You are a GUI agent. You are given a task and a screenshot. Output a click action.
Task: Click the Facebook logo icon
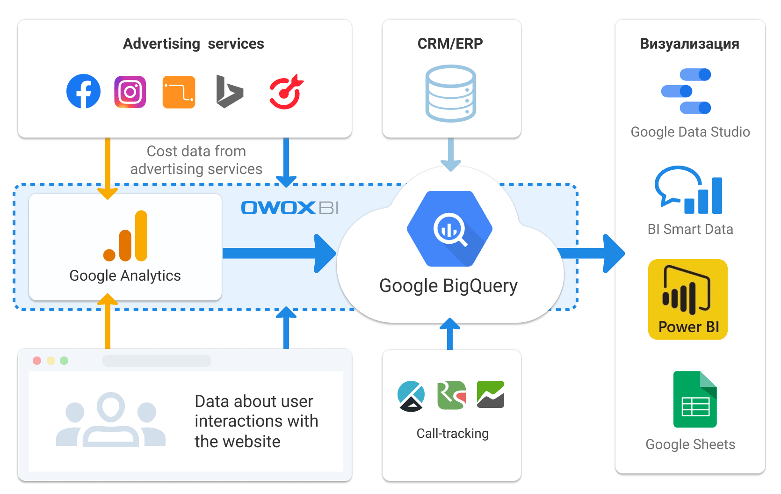pyautogui.click(x=83, y=91)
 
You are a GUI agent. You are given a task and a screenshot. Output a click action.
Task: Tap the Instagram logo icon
pyautogui.click(x=130, y=92)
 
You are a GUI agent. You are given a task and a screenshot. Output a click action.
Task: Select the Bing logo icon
pyautogui.click(x=229, y=92)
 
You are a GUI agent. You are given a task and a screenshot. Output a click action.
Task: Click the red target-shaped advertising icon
pyautogui.click(x=286, y=92)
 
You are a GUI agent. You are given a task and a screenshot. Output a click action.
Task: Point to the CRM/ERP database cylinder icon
pyautogui.click(x=450, y=94)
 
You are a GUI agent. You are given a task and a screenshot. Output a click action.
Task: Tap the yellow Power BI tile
pyautogui.click(x=687, y=299)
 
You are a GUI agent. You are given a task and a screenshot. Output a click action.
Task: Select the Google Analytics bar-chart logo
pyautogui.click(x=126, y=236)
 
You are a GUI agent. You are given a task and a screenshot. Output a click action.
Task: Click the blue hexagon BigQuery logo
pyautogui.click(x=449, y=229)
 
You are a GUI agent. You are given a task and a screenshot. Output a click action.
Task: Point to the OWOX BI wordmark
pyautogui.click(x=289, y=208)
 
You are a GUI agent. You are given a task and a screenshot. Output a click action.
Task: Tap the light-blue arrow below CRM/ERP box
pyautogui.click(x=451, y=154)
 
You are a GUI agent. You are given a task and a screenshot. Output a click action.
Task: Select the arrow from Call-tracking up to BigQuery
pyautogui.click(x=450, y=333)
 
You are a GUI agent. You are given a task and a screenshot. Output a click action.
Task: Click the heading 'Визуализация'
pyautogui.click(x=689, y=44)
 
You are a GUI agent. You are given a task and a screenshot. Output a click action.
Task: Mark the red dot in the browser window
pyautogui.click(x=37, y=361)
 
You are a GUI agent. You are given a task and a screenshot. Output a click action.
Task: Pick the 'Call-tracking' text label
pyautogui.click(x=452, y=434)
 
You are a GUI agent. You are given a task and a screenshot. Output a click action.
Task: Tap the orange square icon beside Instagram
pyautogui.click(x=179, y=92)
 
